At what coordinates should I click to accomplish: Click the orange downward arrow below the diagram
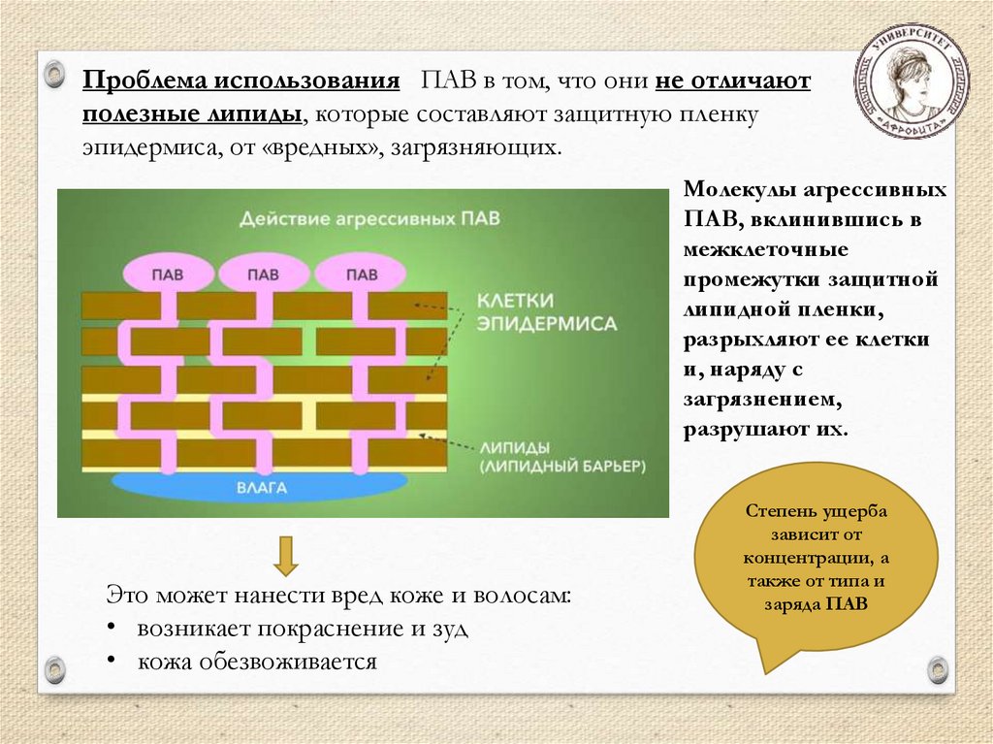click(x=285, y=555)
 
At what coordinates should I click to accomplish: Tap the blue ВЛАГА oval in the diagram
click(x=262, y=487)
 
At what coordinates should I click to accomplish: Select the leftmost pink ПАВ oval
click(x=167, y=275)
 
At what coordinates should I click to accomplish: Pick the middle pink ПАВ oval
click(x=264, y=275)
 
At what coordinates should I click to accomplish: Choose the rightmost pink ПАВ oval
click(x=361, y=275)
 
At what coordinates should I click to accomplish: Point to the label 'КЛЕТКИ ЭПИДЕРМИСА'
click(x=545, y=311)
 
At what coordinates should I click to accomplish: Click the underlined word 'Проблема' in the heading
click(x=142, y=81)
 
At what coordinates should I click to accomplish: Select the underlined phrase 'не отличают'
click(x=733, y=81)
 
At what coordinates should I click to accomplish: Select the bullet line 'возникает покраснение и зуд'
click(x=303, y=628)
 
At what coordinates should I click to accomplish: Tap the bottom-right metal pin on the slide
click(x=937, y=668)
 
